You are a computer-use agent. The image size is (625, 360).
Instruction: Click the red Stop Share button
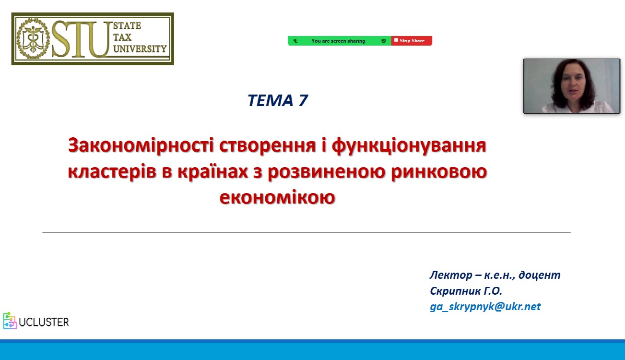click(x=412, y=41)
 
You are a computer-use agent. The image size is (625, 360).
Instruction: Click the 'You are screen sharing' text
click(x=338, y=41)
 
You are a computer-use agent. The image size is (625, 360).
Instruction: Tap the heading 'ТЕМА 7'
click(x=278, y=100)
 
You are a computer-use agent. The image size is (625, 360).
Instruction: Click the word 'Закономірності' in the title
click(x=141, y=146)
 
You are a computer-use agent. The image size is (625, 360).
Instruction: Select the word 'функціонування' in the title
click(x=409, y=146)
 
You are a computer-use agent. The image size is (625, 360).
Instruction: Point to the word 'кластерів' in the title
click(x=112, y=172)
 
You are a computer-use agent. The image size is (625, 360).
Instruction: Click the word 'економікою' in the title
click(x=277, y=197)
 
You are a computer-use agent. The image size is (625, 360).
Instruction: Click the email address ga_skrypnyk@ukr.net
click(x=485, y=307)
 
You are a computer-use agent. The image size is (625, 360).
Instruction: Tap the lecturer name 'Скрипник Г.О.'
click(x=466, y=291)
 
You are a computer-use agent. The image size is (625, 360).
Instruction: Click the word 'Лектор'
click(x=451, y=275)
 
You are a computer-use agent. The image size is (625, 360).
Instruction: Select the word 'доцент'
click(x=539, y=275)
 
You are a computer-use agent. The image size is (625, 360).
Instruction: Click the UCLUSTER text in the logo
click(x=44, y=322)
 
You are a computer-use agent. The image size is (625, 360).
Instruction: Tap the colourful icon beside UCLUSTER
click(x=10, y=321)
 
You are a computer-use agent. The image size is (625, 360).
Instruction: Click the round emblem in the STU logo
click(x=33, y=38)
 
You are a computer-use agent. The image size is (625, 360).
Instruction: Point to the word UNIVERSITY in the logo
click(x=140, y=48)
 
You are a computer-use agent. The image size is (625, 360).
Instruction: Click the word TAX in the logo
click(x=122, y=37)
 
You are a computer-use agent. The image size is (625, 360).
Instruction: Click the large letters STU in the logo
click(x=81, y=38)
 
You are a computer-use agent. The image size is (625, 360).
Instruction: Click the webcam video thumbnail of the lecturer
click(x=572, y=86)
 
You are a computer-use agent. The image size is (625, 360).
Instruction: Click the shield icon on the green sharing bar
click(x=384, y=41)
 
